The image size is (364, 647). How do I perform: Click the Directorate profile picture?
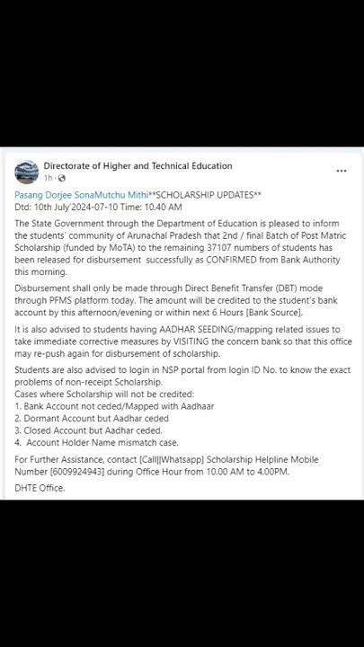coord(27,172)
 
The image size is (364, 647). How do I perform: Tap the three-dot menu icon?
coord(342,171)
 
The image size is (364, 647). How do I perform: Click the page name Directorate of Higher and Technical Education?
coord(138,166)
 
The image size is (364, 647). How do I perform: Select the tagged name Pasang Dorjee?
coord(44,194)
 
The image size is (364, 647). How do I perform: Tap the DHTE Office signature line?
coord(40,488)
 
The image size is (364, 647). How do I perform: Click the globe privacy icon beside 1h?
coord(60,178)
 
